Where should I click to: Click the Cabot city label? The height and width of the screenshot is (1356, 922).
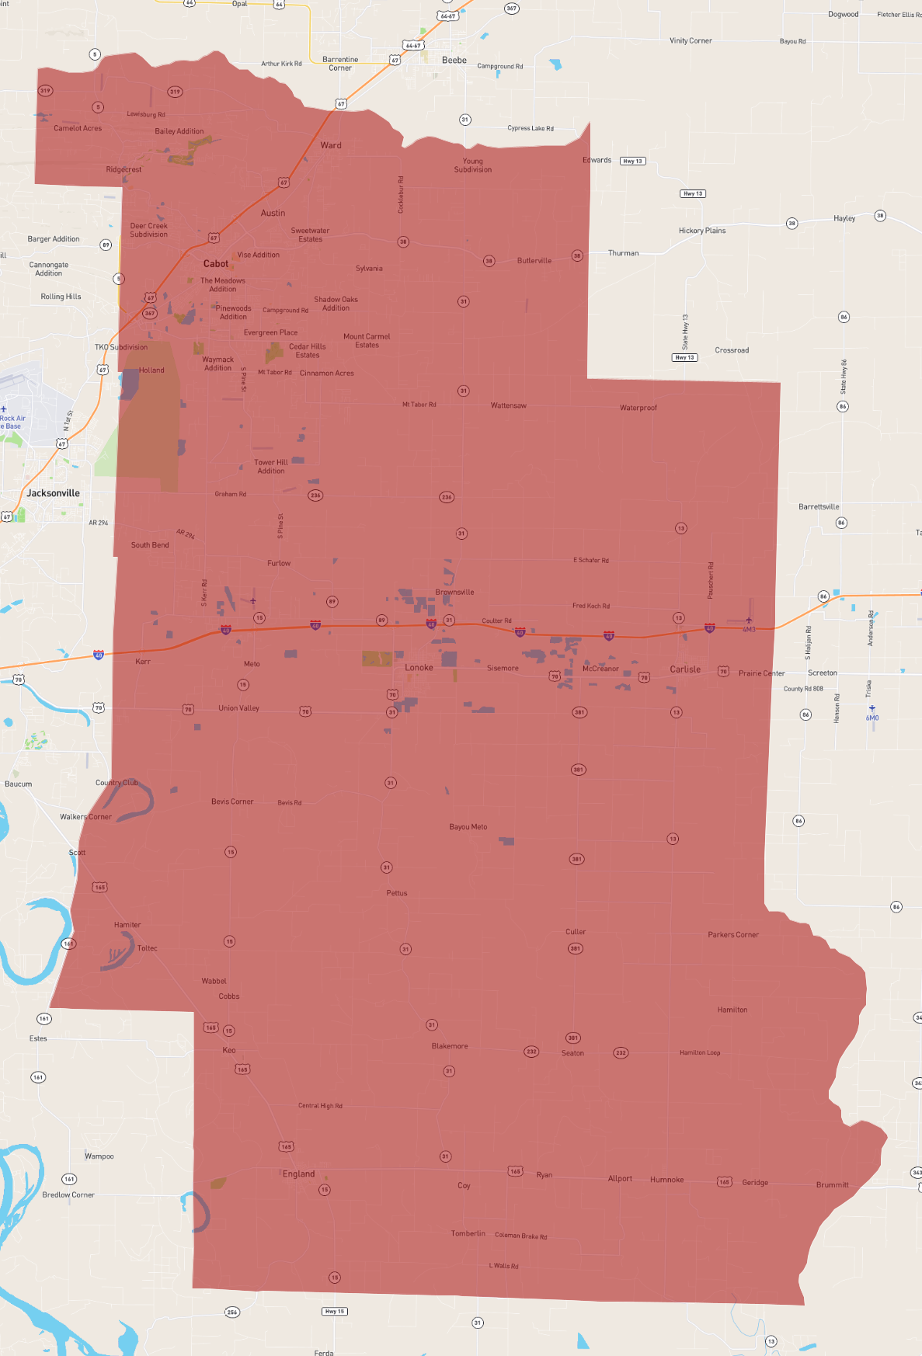[215, 264]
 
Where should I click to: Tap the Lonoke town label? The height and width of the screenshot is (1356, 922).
[419, 668]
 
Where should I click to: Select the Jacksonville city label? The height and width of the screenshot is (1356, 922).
[53, 493]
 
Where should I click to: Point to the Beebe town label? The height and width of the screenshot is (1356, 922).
[454, 61]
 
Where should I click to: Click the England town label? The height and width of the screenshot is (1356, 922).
[298, 1174]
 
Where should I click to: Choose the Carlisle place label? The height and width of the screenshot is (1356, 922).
[685, 669]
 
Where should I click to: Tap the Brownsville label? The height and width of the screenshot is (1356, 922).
[454, 593]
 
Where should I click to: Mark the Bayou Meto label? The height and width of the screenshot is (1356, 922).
[468, 827]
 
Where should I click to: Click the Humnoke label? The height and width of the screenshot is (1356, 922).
[667, 1180]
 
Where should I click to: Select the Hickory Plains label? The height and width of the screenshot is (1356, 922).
[702, 231]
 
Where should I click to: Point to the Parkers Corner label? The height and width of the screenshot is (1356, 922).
[733, 935]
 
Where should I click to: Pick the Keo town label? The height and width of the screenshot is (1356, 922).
[229, 1051]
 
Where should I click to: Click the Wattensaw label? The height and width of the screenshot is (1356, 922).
[509, 406]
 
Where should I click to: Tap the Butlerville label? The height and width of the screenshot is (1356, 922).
[534, 261]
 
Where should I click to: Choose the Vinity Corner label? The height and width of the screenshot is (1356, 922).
[691, 41]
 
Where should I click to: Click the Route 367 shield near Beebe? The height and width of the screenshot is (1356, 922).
[511, 9]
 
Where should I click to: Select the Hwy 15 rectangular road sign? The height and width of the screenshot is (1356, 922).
[335, 1312]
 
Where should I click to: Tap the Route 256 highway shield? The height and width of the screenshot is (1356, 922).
[232, 1313]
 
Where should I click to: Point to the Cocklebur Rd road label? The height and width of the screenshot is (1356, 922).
[401, 195]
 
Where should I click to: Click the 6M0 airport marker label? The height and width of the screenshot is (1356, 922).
[872, 718]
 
